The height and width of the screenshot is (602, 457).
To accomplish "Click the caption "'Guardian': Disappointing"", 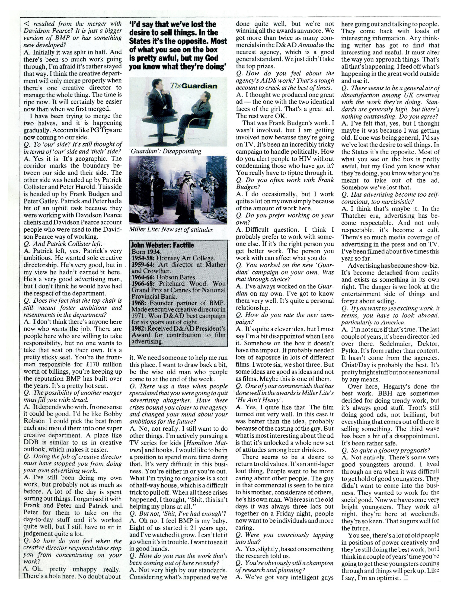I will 165,151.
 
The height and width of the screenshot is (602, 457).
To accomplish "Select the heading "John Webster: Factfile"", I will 163,245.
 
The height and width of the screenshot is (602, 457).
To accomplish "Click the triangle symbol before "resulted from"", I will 27,24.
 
